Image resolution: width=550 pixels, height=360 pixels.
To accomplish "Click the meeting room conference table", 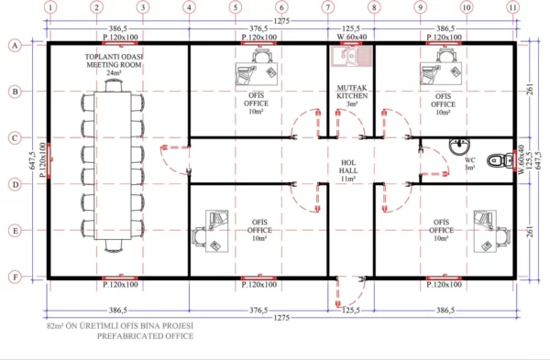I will point(116,165).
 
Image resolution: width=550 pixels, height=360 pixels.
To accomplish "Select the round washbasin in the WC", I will point(456,144).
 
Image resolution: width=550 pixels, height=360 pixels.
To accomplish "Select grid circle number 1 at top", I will point(49,7).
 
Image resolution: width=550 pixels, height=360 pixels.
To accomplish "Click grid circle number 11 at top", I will point(512,7).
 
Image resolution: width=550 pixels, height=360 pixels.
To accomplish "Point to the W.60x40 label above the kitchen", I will point(350,38).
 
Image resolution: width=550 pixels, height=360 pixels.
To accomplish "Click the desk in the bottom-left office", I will point(211,229).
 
